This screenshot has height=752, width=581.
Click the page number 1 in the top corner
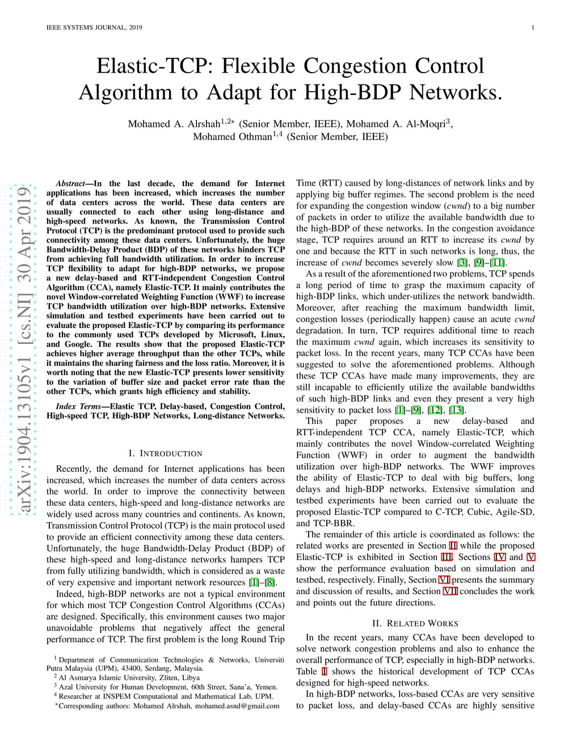[x=533, y=27]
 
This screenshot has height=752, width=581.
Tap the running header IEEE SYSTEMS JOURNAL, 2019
[x=94, y=27]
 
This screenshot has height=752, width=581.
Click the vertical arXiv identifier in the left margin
[x=24, y=349]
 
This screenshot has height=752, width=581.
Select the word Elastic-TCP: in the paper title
[x=153, y=66]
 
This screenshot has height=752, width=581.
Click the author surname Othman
[x=250, y=137]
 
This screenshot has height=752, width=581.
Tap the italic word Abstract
[x=70, y=183]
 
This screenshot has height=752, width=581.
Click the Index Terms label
[x=78, y=406]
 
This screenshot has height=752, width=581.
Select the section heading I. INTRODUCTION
[x=165, y=453]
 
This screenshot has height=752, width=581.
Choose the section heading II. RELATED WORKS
[x=415, y=623]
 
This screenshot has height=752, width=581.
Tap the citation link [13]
[x=456, y=410]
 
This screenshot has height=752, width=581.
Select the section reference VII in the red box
[x=450, y=591]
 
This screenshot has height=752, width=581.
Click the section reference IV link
[x=499, y=557]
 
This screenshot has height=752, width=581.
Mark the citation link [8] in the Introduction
[x=270, y=582]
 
